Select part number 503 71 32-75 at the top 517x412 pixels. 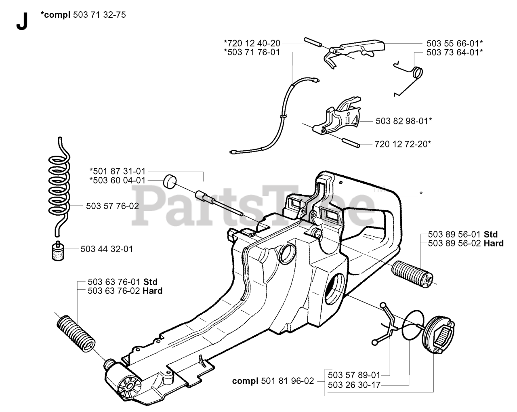tap(100, 15)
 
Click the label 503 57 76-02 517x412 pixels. tap(112, 206)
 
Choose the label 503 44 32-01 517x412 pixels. tap(107, 249)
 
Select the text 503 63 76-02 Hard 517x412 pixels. tap(125, 291)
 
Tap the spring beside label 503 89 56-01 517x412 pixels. tap(412, 275)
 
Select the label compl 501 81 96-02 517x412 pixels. tap(273, 381)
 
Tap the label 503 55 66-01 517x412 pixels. tap(454, 43)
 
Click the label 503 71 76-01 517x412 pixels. tap(252, 52)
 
